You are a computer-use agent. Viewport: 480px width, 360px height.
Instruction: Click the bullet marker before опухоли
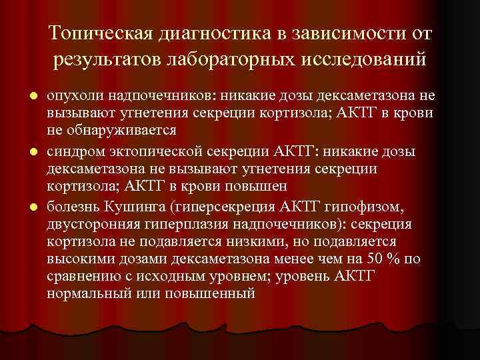click(32, 97)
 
